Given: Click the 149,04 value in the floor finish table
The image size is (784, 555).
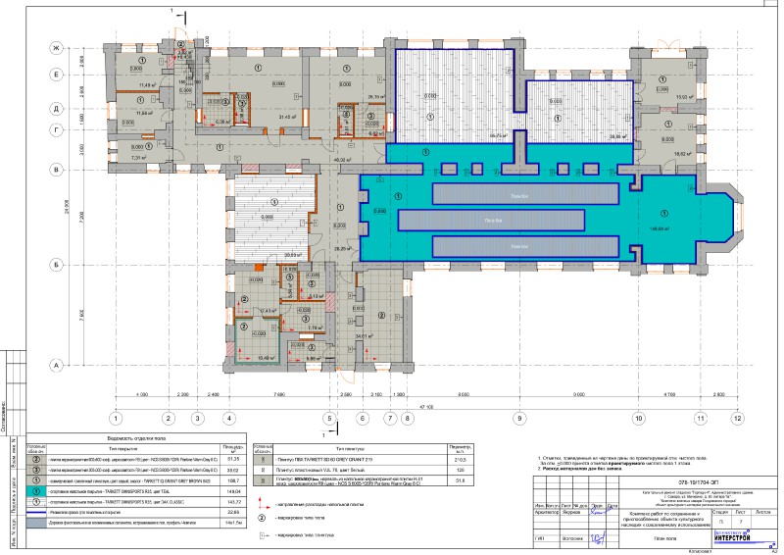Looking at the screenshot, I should point(234,493).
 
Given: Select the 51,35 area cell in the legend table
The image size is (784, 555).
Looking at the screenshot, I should point(234,457).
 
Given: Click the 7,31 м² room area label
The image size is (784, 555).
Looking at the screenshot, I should point(138,156).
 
